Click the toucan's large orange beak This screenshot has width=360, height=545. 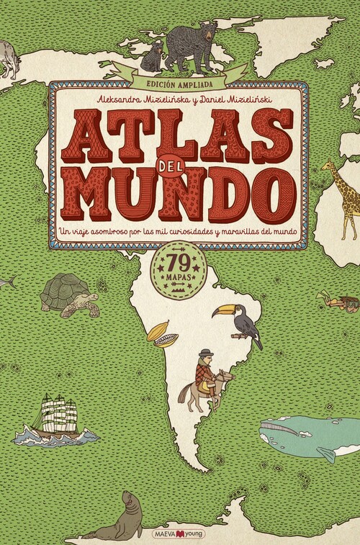click(x=220, y=312)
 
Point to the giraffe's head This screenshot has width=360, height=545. click(x=328, y=167)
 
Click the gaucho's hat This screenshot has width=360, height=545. click(x=207, y=352)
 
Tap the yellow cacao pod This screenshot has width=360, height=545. click(x=161, y=334)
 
